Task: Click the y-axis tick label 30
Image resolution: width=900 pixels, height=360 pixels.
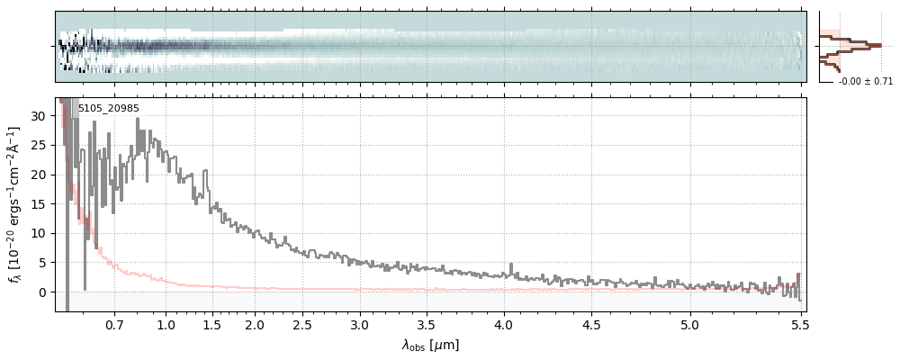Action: pyautogui.click(x=40, y=116)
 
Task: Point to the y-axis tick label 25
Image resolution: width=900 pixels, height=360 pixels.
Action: pyautogui.click(x=40, y=145)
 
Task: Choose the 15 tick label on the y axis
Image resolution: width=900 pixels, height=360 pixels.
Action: pyautogui.click(x=40, y=204)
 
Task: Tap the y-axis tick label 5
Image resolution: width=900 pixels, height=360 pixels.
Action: pyautogui.click(x=43, y=263)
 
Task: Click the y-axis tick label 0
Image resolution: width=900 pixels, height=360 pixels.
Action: pyautogui.click(x=43, y=292)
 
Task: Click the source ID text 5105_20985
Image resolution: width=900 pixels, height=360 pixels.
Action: pyautogui.click(x=108, y=109)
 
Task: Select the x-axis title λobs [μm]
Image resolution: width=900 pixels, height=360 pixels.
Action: pyautogui.click(x=430, y=345)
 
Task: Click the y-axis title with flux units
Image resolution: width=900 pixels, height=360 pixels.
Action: pyautogui.click(x=15, y=204)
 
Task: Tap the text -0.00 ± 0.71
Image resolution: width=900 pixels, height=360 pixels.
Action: pyautogui.click(x=865, y=82)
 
